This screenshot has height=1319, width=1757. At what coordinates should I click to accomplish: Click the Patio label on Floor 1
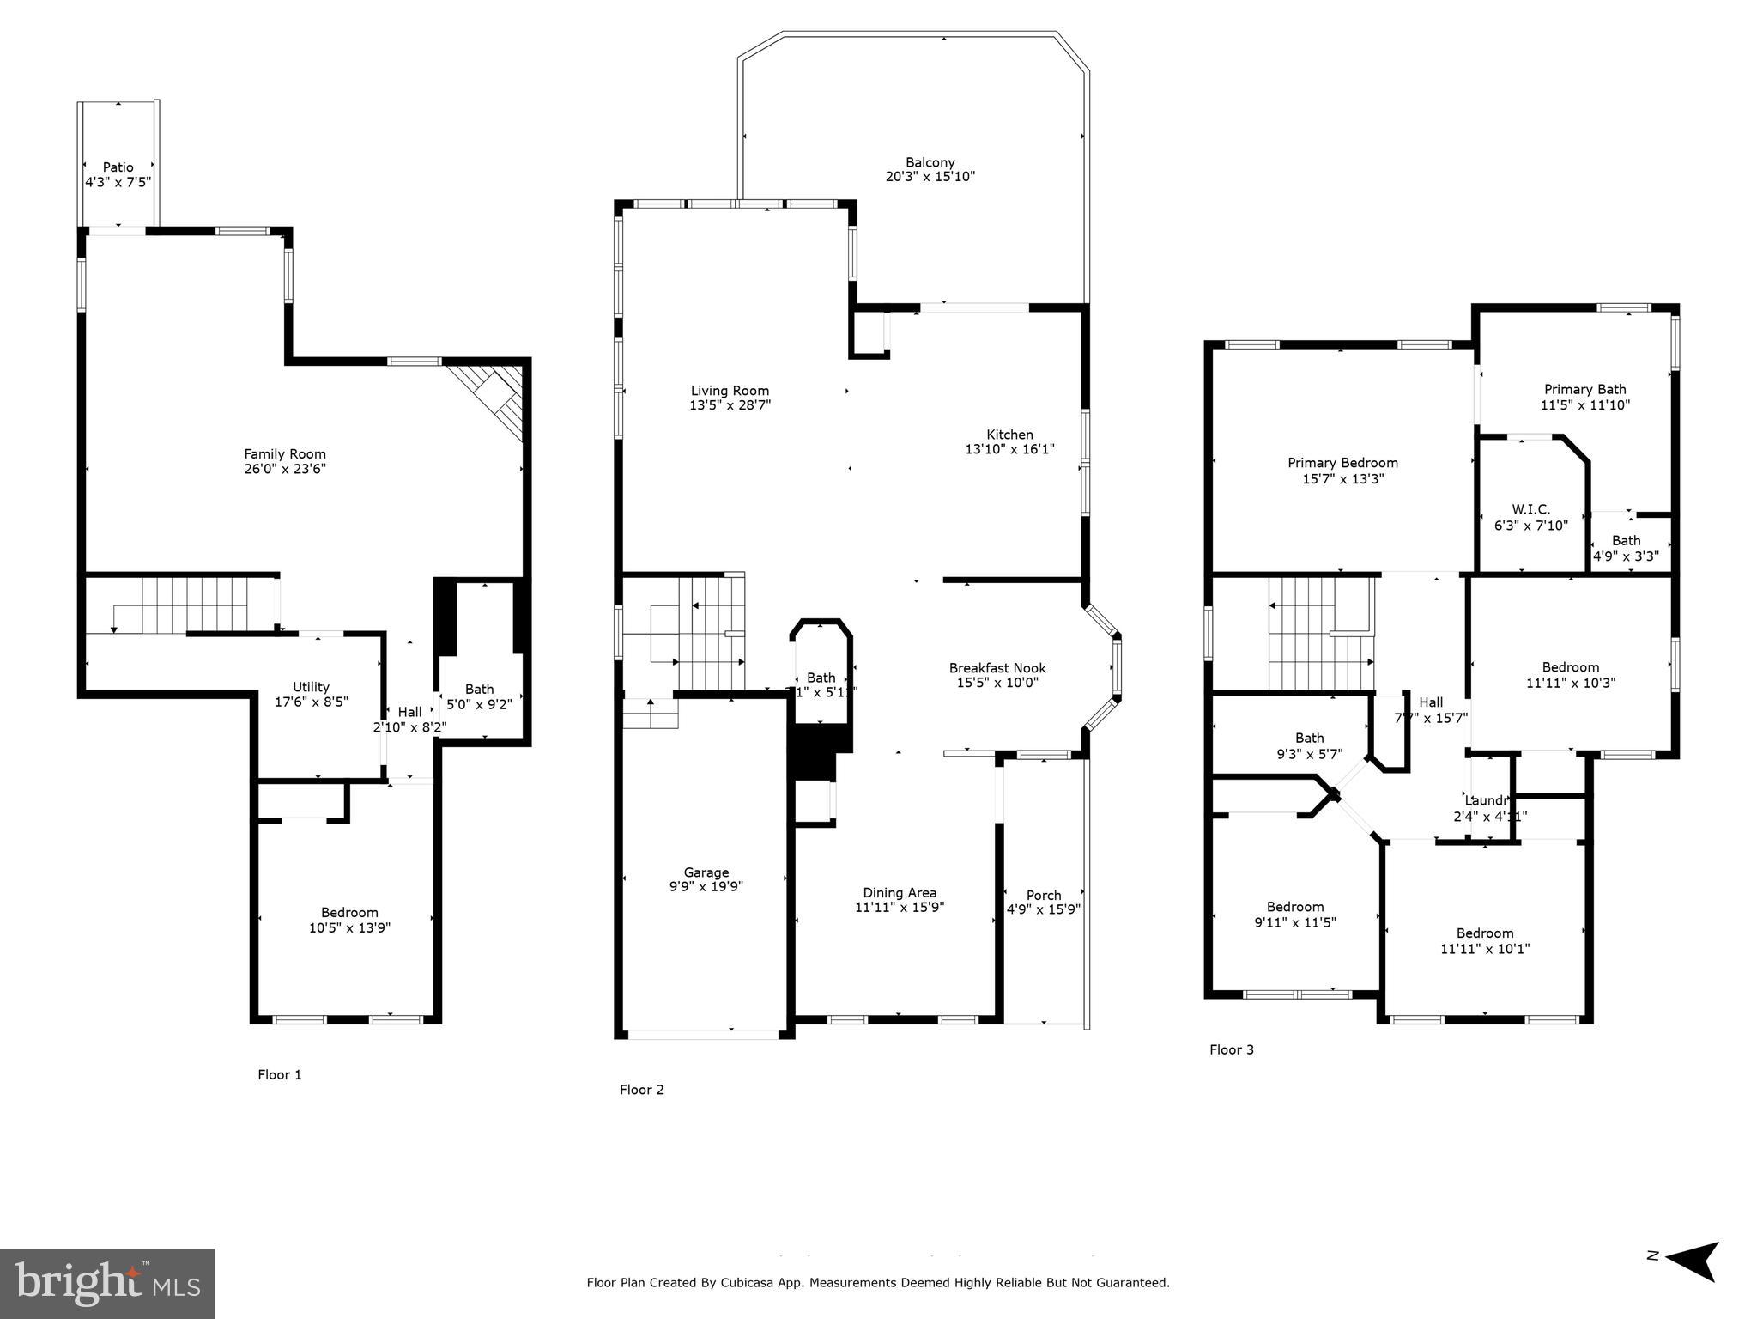pos(118,167)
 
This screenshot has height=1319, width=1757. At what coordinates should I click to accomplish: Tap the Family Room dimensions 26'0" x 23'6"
pos(285,469)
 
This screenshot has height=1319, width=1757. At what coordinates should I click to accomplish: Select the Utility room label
pos(311,687)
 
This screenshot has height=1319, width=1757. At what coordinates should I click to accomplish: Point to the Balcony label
pos(930,162)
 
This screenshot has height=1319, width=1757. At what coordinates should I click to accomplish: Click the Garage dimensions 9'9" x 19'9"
pos(706,887)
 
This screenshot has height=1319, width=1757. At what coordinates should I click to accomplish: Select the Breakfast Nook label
pos(997,668)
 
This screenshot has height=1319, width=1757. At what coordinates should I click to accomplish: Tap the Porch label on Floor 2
pos(1043,895)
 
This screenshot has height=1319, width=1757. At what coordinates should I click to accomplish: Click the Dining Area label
pos(899,892)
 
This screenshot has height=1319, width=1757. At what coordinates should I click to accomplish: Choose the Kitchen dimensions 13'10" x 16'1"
pos(1009,449)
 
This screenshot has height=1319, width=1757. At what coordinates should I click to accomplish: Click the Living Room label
pos(730,391)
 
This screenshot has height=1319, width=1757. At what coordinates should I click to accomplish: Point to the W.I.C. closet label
pos(1530,509)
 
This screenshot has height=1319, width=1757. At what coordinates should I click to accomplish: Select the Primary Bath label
pos(1584,389)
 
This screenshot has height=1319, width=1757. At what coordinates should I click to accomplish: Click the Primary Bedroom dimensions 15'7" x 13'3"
pos(1342,479)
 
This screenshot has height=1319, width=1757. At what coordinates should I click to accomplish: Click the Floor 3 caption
pos(1231,1049)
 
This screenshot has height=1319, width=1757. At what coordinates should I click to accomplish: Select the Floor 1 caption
pos(279,1074)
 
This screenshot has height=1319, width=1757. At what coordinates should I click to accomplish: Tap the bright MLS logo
pos(107,1283)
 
